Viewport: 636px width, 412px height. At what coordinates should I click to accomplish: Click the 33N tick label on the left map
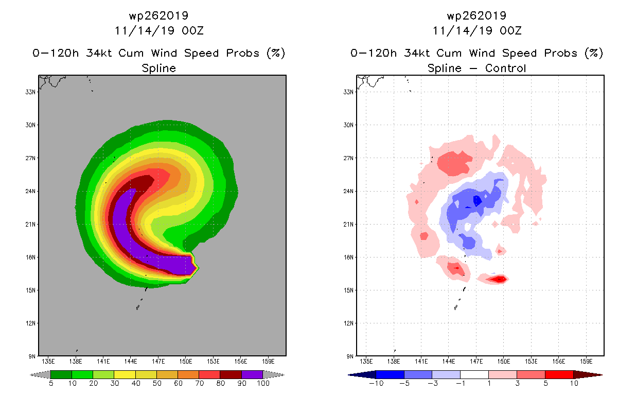click(31, 92)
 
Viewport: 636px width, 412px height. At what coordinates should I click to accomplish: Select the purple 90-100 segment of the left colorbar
click(252, 374)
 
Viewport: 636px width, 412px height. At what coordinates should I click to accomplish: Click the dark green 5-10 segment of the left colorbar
click(61, 374)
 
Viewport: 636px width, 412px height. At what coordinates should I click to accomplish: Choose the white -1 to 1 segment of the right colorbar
click(474, 374)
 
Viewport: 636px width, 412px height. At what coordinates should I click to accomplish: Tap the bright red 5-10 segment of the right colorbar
click(558, 374)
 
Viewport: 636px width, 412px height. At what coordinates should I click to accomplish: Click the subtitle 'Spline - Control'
click(476, 68)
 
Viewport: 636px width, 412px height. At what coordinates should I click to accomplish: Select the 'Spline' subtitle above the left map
click(158, 68)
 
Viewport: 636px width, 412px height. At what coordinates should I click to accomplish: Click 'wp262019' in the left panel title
click(158, 16)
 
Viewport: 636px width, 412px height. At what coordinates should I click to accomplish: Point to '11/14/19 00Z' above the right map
click(476, 30)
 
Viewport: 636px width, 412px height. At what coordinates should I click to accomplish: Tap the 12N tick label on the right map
click(349, 323)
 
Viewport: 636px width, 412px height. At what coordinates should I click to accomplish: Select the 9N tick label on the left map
click(32, 356)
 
